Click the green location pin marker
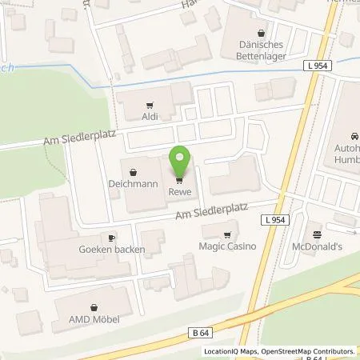[x=180, y=161]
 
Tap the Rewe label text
[x=178, y=190]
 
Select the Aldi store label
[x=149, y=117]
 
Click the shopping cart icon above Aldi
[x=149, y=105]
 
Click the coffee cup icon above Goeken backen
[x=112, y=238]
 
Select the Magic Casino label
[x=227, y=246]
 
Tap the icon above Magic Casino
[x=227, y=234]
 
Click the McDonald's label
[x=318, y=246]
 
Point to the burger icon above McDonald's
[x=318, y=234]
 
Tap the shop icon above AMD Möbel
[x=95, y=306]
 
